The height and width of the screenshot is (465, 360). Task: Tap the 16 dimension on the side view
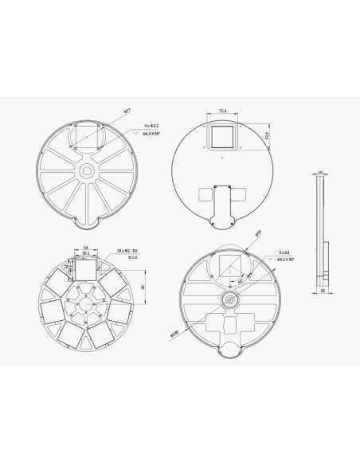coord(319,170)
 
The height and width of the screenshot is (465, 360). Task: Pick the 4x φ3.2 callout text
coord(152,125)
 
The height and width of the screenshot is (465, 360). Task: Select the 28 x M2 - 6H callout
coord(127,250)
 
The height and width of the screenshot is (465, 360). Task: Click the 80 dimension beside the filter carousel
coord(141,287)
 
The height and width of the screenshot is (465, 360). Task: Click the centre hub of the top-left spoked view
coord(85,172)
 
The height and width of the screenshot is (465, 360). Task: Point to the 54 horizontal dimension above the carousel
coord(84,248)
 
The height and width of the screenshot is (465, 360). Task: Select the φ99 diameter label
coord(258,234)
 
